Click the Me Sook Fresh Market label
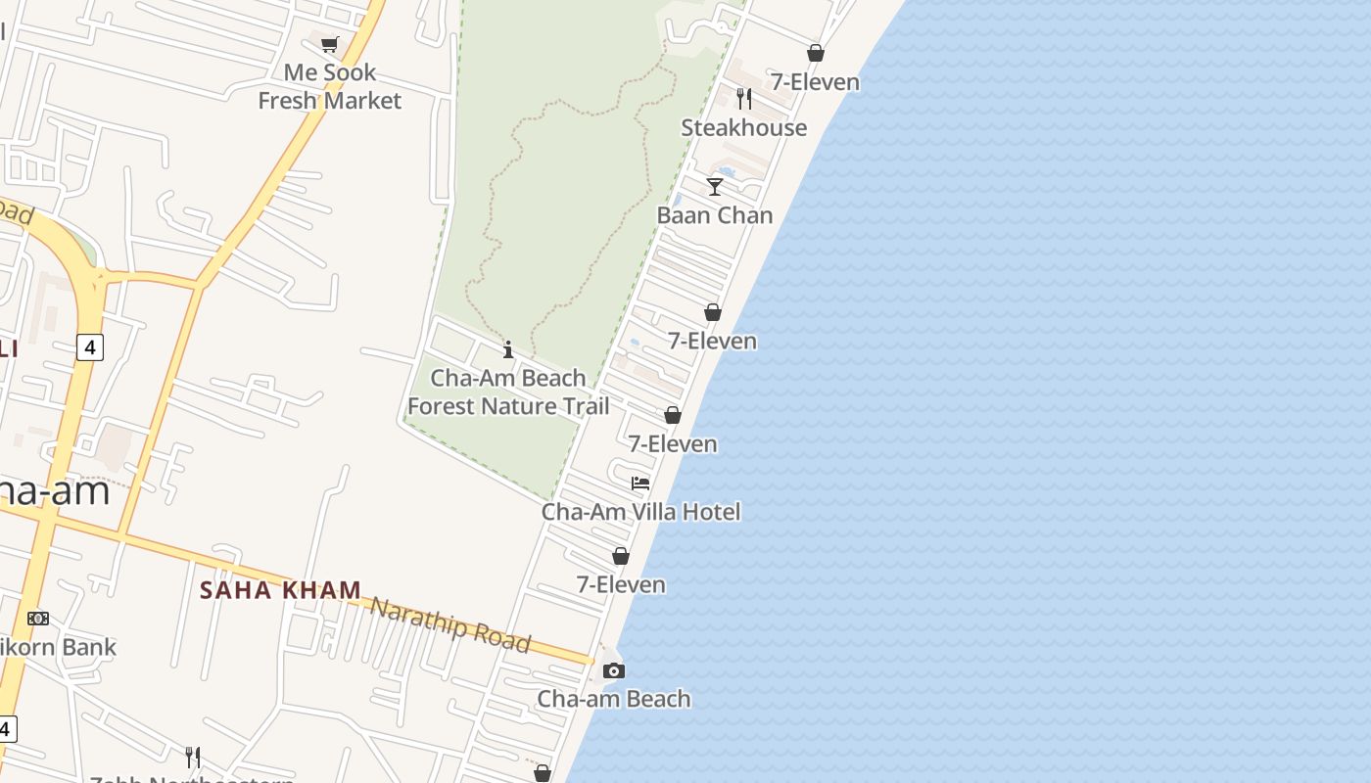(x=330, y=86)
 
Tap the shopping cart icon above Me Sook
(x=330, y=44)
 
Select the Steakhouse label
(x=743, y=127)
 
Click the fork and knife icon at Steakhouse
(x=744, y=98)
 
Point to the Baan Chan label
(x=715, y=215)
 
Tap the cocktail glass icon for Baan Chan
(x=715, y=186)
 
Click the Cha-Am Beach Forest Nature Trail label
(x=508, y=391)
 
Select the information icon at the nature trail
(x=508, y=349)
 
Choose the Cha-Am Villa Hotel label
(x=641, y=511)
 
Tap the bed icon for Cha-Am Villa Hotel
(x=640, y=483)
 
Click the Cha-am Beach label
(x=614, y=699)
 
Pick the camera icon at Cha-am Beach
(x=614, y=670)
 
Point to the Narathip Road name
(x=450, y=622)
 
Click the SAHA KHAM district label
(x=281, y=590)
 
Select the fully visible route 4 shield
(x=89, y=346)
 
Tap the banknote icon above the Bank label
(x=38, y=619)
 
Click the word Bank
(x=90, y=647)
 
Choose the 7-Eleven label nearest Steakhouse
(x=815, y=82)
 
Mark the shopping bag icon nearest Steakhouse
(x=815, y=53)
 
